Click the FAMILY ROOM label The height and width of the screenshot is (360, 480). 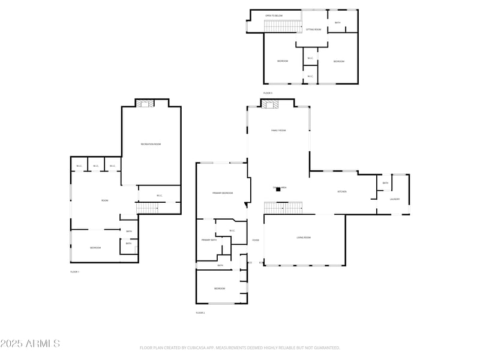pyautogui.click(x=278, y=130)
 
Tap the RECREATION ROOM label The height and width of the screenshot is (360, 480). pyautogui.click(x=151, y=144)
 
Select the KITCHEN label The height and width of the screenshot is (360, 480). pyautogui.click(x=342, y=191)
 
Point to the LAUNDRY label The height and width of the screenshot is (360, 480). pyautogui.click(x=394, y=199)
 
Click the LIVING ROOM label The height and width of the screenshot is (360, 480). pyautogui.click(x=304, y=238)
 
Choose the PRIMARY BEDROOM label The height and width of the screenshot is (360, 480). pyautogui.click(x=222, y=193)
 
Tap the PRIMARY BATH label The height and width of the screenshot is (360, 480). pyautogui.click(x=209, y=240)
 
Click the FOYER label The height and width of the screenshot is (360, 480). pyautogui.click(x=255, y=241)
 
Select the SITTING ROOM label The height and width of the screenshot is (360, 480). pyautogui.click(x=313, y=29)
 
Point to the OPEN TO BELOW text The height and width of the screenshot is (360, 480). pyautogui.click(x=274, y=16)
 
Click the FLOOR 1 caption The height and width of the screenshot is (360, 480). pyautogui.click(x=74, y=272)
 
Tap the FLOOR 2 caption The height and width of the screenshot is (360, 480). pyautogui.click(x=200, y=313)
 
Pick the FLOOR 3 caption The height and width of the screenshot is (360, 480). pyautogui.click(x=268, y=93)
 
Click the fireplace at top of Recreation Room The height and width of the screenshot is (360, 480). pyautogui.click(x=144, y=104)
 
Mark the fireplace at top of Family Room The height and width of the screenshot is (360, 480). pyautogui.click(x=269, y=104)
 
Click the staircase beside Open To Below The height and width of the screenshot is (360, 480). pyautogui.click(x=282, y=26)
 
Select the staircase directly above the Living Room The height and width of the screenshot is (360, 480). pyautogui.click(x=282, y=208)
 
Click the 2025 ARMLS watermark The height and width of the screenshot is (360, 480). pyautogui.click(x=30, y=344)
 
